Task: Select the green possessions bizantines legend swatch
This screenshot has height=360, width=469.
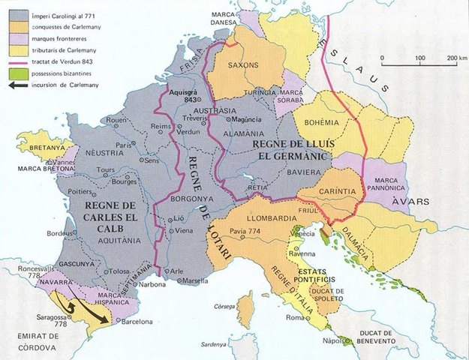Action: point(16,70)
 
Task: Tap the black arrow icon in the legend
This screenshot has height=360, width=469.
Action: point(16,82)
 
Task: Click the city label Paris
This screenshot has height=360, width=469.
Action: point(123,145)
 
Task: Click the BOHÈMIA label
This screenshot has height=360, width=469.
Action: point(321,121)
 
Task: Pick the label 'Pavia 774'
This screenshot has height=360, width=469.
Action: point(245,231)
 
